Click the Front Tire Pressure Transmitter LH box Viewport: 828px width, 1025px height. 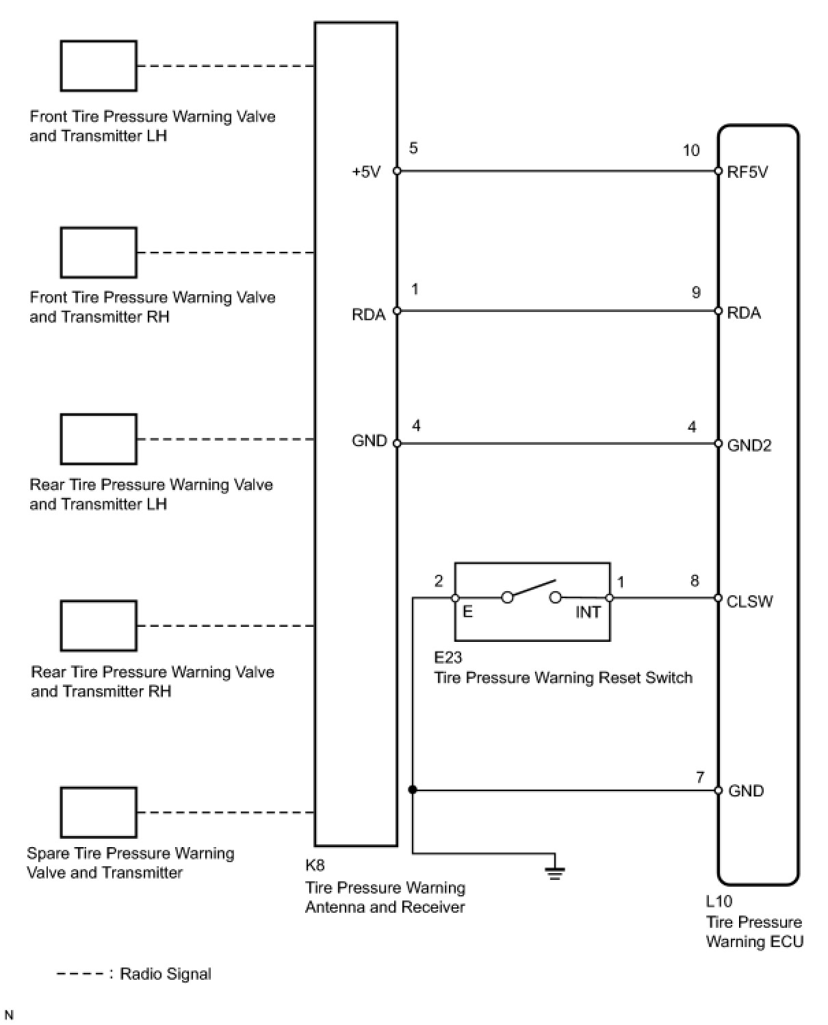[99, 66]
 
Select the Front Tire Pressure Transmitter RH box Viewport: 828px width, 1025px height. [99, 252]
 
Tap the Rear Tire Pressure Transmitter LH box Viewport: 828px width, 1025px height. [99, 439]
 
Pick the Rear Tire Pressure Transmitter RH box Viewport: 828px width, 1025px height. [99, 625]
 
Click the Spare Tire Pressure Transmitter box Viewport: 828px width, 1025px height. [99, 813]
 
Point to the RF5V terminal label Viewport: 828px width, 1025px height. [747, 172]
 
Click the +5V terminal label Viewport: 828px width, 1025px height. [366, 172]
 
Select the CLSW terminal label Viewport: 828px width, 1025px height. [749, 601]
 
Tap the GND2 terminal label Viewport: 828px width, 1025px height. [749, 446]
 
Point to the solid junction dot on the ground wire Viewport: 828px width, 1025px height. [412, 790]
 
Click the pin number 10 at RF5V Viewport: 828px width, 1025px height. [691, 151]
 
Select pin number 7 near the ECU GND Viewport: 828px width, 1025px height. [699, 777]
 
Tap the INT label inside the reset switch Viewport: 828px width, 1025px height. [587, 612]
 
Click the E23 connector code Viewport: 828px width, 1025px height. [448, 658]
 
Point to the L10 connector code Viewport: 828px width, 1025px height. [719, 902]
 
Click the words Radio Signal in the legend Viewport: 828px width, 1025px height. [166, 974]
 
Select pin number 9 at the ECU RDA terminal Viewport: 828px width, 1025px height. [695, 293]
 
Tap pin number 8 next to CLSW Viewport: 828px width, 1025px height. [695, 582]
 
